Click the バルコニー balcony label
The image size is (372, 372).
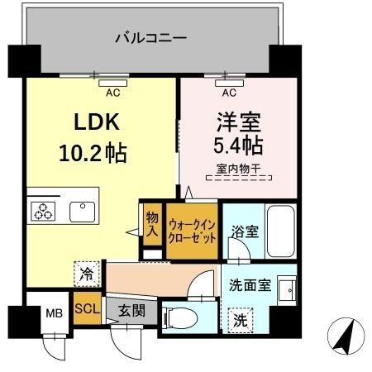point(150,37)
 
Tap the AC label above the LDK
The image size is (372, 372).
point(112,93)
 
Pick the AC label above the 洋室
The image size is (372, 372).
point(229,93)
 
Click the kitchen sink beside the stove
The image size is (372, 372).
point(83,211)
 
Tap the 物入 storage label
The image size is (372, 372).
point(152,223)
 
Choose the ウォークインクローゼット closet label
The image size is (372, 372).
point(192,229)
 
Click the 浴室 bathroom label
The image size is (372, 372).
point(243,231)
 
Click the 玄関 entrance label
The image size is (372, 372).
point(126,311)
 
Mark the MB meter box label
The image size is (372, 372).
point(53,313)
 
